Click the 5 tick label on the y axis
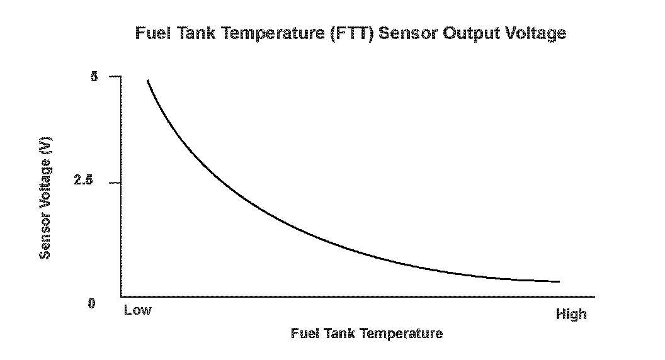(94, 77)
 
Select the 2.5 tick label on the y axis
(83, 181)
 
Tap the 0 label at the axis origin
(91, 304)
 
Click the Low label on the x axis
(137, 310)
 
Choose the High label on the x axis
(571, 314)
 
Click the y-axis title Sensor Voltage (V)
(45, 198)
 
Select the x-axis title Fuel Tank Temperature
(367, 334)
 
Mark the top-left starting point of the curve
(147, 81)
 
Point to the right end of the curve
(559, 281)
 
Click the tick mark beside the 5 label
(115, 77)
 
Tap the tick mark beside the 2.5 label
(115, 183)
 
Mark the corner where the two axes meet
(121, 296)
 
